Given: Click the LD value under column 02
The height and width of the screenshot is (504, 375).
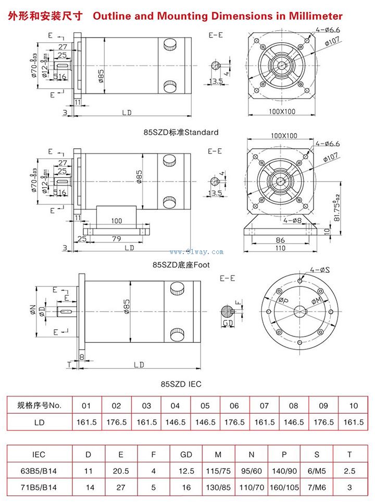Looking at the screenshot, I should tap(117, 422).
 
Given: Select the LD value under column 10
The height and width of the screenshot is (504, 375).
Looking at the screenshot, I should tap(354, 422).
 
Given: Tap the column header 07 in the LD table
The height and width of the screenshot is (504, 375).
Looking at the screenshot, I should tap(265, 405).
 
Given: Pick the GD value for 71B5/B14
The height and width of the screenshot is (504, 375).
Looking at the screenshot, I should tap(186, 489).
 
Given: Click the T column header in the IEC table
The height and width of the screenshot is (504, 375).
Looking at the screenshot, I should tap(350, 454).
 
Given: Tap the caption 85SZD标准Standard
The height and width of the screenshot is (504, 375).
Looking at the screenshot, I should tap(181, 133).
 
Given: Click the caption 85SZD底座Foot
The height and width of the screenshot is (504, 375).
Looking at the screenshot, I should tap(181, 265).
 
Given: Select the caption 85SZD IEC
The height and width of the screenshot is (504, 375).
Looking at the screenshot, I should tap(181, 385).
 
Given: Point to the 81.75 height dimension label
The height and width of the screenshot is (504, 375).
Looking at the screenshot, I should tap(337, 211).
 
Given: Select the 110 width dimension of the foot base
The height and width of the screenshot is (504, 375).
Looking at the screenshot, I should tap(280, 248).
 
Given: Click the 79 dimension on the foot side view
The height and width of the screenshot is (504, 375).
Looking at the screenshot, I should tap(117, 238).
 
